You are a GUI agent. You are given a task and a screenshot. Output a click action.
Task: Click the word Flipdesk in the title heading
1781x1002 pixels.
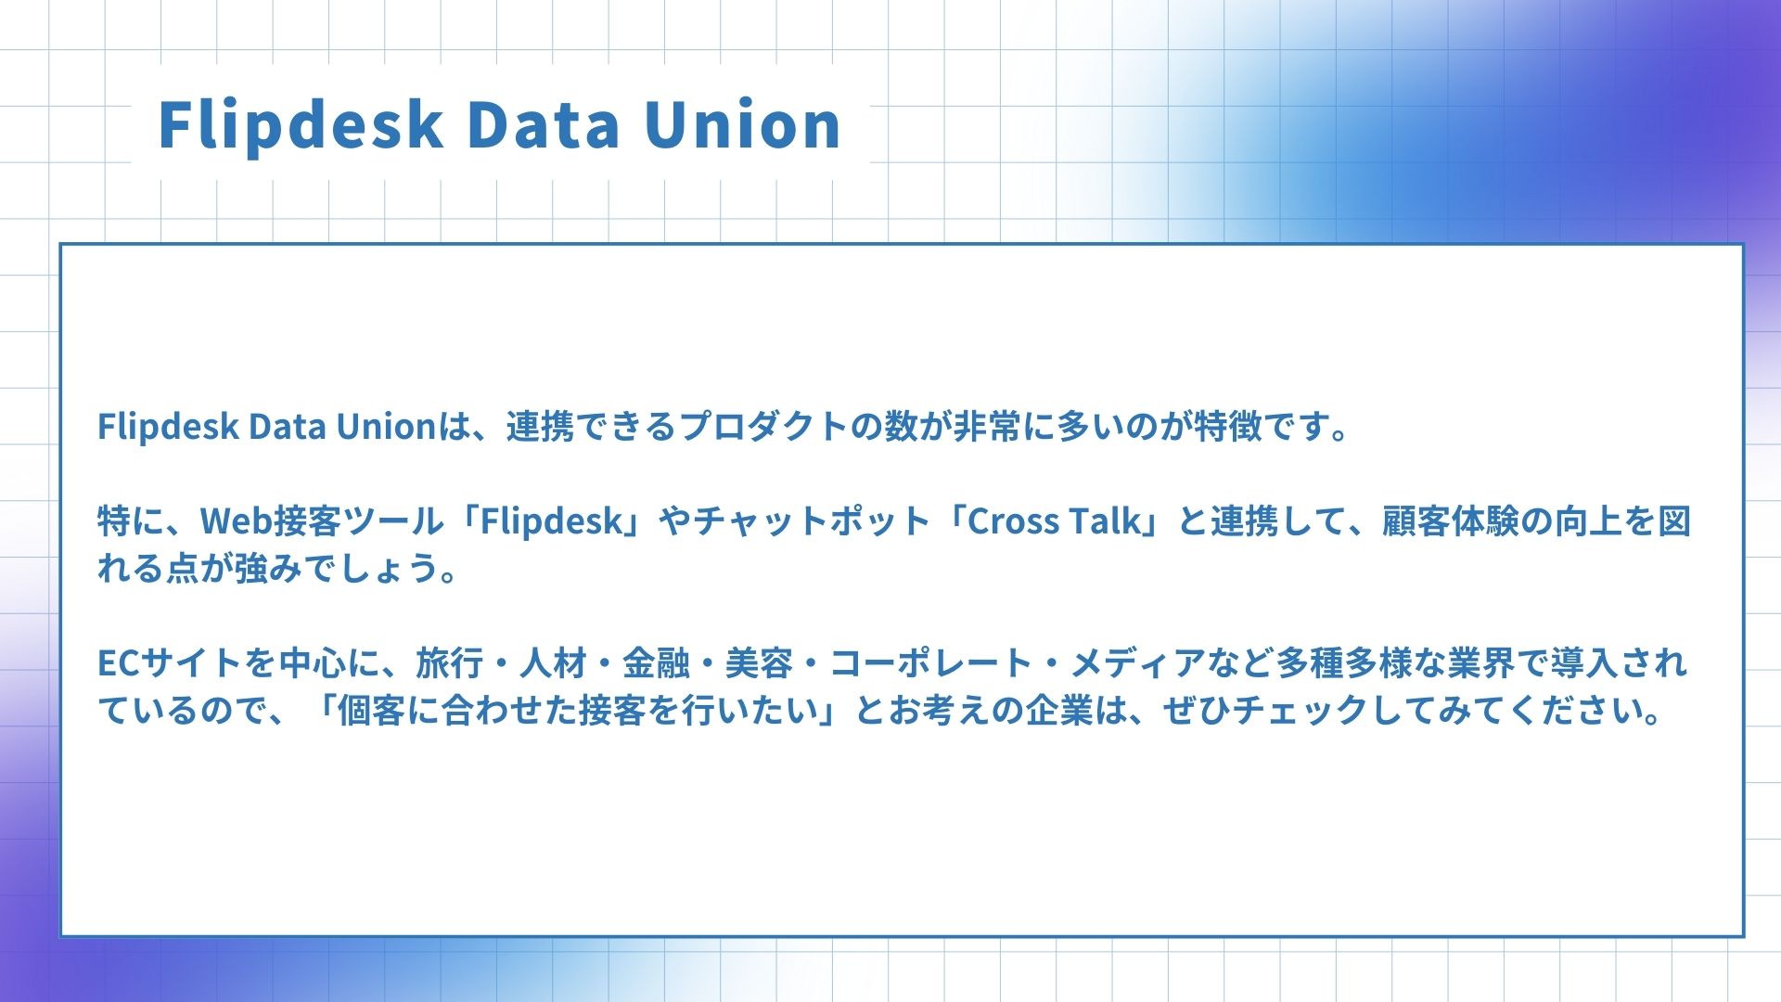300,125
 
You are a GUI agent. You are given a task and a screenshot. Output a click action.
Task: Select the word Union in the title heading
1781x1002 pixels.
743,124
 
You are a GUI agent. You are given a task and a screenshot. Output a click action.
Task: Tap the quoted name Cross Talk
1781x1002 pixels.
1054,521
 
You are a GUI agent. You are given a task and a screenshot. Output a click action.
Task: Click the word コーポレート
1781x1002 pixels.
930,663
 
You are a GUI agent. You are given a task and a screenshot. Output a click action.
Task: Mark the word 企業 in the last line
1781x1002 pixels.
1058,711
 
